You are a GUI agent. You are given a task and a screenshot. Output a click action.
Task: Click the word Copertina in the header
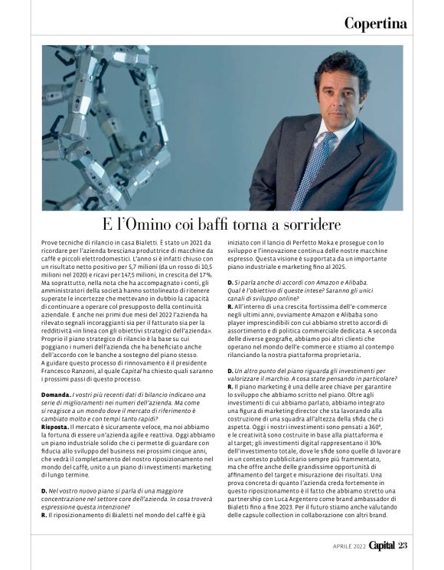point(375,23)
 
